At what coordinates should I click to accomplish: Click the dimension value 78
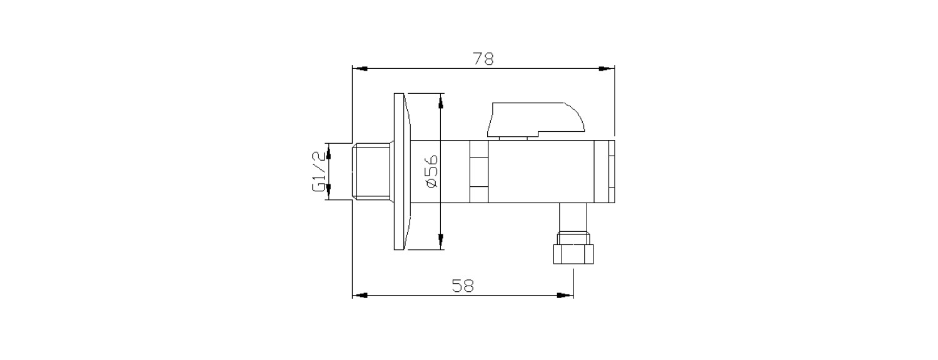tap(483, 59)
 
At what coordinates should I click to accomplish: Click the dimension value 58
tap(463, 286)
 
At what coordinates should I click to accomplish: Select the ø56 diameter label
tap(431, 171)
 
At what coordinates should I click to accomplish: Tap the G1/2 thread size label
tap(320, 171)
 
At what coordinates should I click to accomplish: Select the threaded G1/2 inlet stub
tap(373, 172)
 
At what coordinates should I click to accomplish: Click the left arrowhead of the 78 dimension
tap(359, 69)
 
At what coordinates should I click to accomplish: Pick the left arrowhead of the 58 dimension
tap(359, 295)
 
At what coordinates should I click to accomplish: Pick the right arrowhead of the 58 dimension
tap(567, 295)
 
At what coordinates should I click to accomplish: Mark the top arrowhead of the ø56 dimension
tap(441, 100)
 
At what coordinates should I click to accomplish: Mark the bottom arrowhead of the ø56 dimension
tap(441, 242)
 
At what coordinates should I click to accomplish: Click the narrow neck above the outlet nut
tap(572, 218)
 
